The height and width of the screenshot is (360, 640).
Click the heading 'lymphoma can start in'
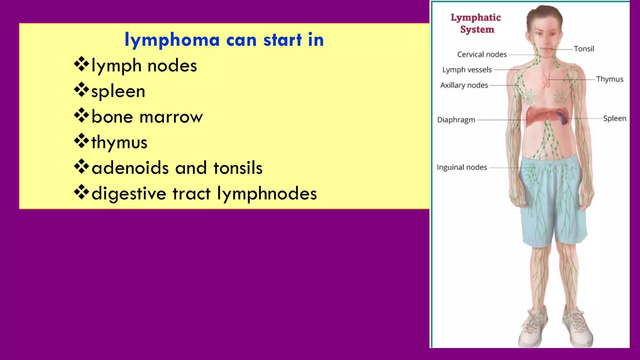coord(224,40)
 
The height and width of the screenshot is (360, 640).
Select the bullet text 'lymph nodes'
coord(144,66)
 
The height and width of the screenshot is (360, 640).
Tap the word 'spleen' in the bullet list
coord(118,92)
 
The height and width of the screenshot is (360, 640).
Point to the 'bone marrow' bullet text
coord(147,117)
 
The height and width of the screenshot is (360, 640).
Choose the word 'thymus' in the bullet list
coord(119,143)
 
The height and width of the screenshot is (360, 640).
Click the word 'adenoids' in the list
coord(130,168)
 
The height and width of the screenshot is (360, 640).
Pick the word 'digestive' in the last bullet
coord(129,193)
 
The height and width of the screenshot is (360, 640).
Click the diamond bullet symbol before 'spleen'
coord(81,90)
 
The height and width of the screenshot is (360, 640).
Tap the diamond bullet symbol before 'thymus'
coord(81,141)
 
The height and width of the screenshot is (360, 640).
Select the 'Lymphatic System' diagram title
coord(476,23)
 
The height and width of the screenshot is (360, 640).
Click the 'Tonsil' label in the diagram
coord(584,49)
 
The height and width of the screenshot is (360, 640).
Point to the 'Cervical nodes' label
coord(482,54)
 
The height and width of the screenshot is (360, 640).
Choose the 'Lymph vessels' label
coord(467,70)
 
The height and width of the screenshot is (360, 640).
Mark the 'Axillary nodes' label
coord(464,85)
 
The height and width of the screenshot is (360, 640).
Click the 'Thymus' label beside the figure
coord(609,79)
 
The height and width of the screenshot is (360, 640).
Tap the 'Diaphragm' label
coord(456,120)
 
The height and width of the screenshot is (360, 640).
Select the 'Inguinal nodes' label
coord(462,167)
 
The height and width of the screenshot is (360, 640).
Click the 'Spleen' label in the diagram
coord(615,118)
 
